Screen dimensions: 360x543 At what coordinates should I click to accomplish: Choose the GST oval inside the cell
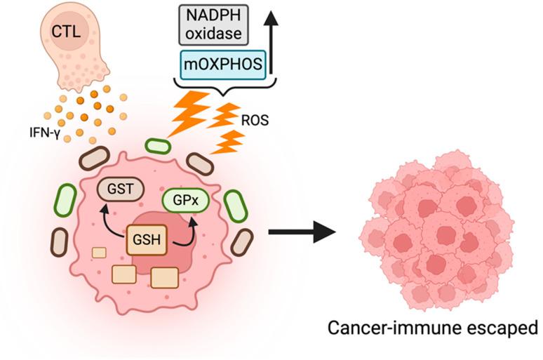pyautogui.click(x=121, y=188)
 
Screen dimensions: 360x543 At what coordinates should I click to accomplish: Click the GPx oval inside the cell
pyautogui.click(x=185, y=199)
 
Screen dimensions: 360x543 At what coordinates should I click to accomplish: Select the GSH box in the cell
pyautogui.click(x=145, y=242)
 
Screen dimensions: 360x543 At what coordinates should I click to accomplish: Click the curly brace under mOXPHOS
pyautogui.click(x=222, y=88)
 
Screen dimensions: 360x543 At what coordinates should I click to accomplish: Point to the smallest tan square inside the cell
pyautogui.click(x=100, y=252)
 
